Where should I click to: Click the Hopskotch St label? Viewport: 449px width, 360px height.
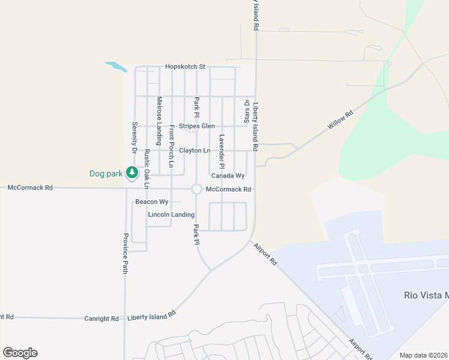(185, 67)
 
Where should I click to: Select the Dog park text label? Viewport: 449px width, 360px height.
(106, 174)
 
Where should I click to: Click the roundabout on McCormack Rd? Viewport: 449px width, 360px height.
(196, 189)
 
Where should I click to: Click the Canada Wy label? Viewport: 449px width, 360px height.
(228, 176)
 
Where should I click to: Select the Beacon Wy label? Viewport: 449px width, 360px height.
(151, 202)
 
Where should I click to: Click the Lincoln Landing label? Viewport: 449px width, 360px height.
(172, 214)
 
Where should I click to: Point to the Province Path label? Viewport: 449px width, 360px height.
(126, 253)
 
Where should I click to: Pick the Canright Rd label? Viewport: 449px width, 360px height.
(101, 319)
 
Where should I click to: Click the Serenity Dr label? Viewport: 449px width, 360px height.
(135, 136)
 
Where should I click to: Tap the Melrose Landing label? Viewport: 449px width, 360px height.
(160, 121)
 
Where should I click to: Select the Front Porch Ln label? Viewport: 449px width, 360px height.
(172, 146)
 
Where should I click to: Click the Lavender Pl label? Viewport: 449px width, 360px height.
(221, 151)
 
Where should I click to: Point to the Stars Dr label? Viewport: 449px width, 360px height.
(246, 112)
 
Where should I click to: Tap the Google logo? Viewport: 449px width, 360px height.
(20, 353)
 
